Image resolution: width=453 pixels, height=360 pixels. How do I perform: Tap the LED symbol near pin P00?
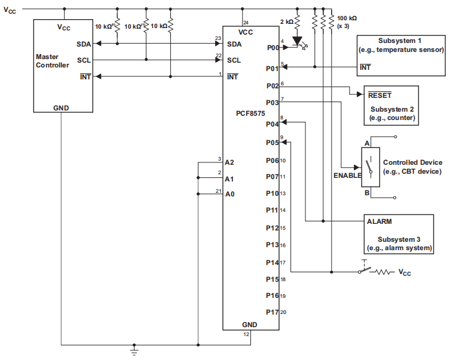click(x=297, y=42)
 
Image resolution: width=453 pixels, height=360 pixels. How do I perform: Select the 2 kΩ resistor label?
click(x=286, y=21)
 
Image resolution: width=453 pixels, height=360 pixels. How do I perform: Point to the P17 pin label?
click(x=273, y=312)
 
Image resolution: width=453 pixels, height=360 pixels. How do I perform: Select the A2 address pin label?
click(x=229, y=162)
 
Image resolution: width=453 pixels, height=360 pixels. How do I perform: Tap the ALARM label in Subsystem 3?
click(x=379, y=221)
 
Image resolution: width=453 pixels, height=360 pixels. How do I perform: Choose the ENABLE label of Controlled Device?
click(x=347, y=176)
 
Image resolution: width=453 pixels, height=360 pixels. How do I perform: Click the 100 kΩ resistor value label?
click(x=347, y=19)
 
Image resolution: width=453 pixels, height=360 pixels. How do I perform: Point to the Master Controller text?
click(x=53, y=61)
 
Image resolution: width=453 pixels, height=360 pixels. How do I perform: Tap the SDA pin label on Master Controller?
click(x=84, y=44)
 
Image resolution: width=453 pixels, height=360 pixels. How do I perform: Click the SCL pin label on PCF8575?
click(x=234, y=60)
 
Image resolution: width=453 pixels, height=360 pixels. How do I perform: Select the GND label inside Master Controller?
click(x=61, y=108)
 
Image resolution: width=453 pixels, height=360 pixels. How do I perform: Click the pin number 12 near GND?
click(x=246, y=334)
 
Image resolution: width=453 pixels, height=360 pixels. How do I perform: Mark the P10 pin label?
click(x=273, y=193)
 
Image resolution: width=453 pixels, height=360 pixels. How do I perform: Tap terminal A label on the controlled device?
click(x=368, y=143)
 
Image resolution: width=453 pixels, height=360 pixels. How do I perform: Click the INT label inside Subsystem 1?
click(x=365, y=67)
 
